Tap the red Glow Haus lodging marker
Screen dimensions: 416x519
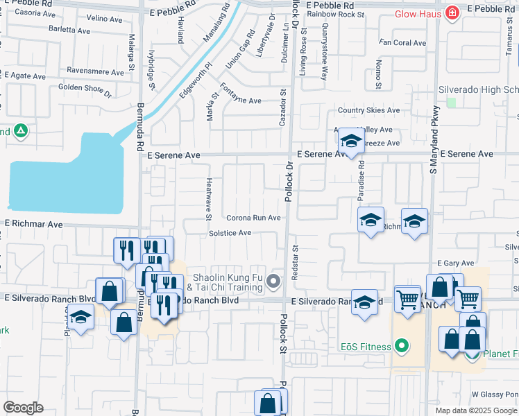tap(452, 13)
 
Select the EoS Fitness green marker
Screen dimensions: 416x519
tap(400, 345)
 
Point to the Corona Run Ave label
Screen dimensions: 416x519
tap(253, 218)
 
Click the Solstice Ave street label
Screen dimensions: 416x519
tap(230, 233)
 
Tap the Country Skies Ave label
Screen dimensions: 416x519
tap(368, 110)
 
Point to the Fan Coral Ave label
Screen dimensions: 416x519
tap(403, 43)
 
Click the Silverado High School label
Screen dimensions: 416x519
tap(478, 90)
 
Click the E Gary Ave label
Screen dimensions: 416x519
tap(455, 263)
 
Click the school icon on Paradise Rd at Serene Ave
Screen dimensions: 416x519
tap(352, 142)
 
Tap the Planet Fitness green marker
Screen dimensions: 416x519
tap(473, 354)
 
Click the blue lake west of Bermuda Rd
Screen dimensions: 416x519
tap(62, 177)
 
